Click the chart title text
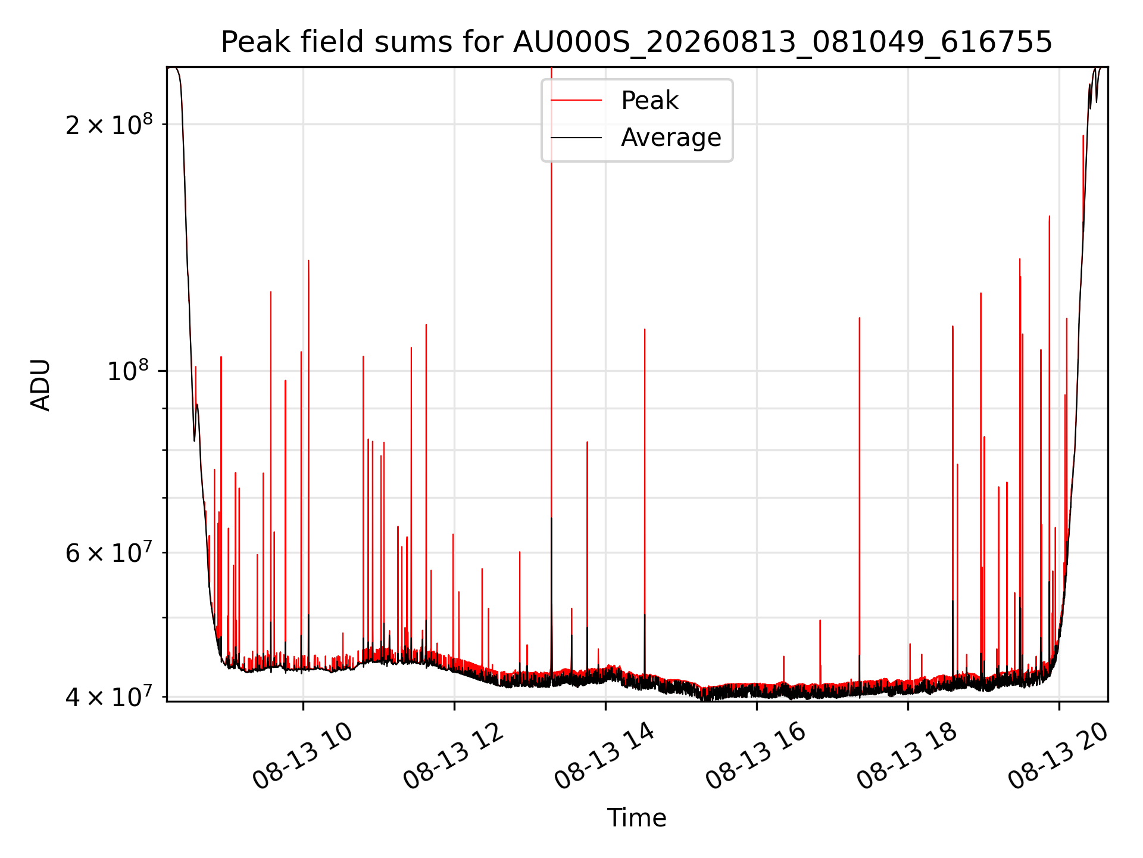636,42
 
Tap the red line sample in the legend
576,101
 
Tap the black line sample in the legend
576,138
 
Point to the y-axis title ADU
41,385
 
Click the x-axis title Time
636,818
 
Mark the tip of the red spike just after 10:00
308,260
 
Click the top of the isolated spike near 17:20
859,318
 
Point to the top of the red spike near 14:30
645,329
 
